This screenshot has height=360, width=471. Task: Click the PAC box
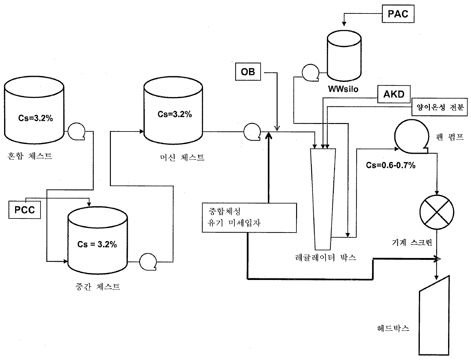[398, 14]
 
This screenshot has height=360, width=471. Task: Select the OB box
[248, 72]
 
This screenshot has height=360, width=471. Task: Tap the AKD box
[394, 94]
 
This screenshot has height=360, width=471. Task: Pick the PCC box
[24, 209]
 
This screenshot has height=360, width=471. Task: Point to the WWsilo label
[343, 89]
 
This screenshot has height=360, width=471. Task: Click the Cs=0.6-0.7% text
[391, 165]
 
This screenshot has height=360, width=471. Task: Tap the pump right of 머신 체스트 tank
[252, 131]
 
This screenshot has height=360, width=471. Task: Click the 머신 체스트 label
[182, 157]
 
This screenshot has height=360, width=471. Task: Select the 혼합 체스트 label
[30, 156]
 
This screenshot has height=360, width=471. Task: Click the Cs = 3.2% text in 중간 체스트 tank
[97, 244]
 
